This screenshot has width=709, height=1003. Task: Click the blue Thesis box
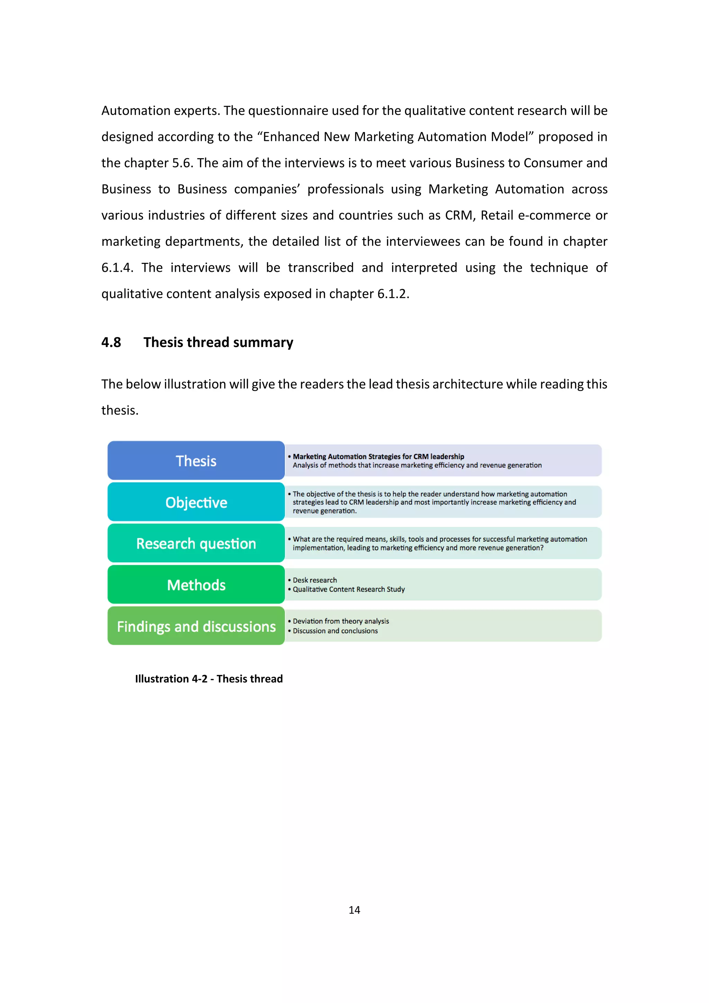click(x=196, y=460)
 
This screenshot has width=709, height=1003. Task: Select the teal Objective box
click(x=196, y=502)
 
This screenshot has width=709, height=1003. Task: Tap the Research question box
click(x=196, y=543)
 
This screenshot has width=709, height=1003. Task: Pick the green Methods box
click(x=196, y=585)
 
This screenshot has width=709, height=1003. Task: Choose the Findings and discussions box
click(x=196, y=626)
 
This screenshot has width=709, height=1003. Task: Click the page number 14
click(x=354, y=910)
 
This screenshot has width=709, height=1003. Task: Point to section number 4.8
click(x=111, y=342)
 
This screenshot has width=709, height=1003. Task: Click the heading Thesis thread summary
click(x=218, y=342)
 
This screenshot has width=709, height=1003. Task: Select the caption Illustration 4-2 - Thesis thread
click(x=209, y=678)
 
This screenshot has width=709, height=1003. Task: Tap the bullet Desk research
click(x=314, y=580)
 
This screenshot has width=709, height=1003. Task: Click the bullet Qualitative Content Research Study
click(x=348, y=589)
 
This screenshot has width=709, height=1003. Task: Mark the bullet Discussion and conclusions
click(x=335, y=631)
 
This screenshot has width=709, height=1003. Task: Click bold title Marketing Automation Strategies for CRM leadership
click(x=378, y=456)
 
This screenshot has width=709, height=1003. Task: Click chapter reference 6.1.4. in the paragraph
click(x=117, y=267)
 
